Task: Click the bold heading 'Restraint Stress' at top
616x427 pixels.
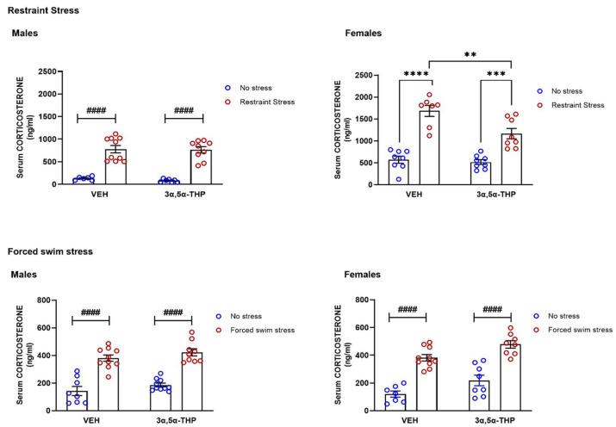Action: click(40, 11)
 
